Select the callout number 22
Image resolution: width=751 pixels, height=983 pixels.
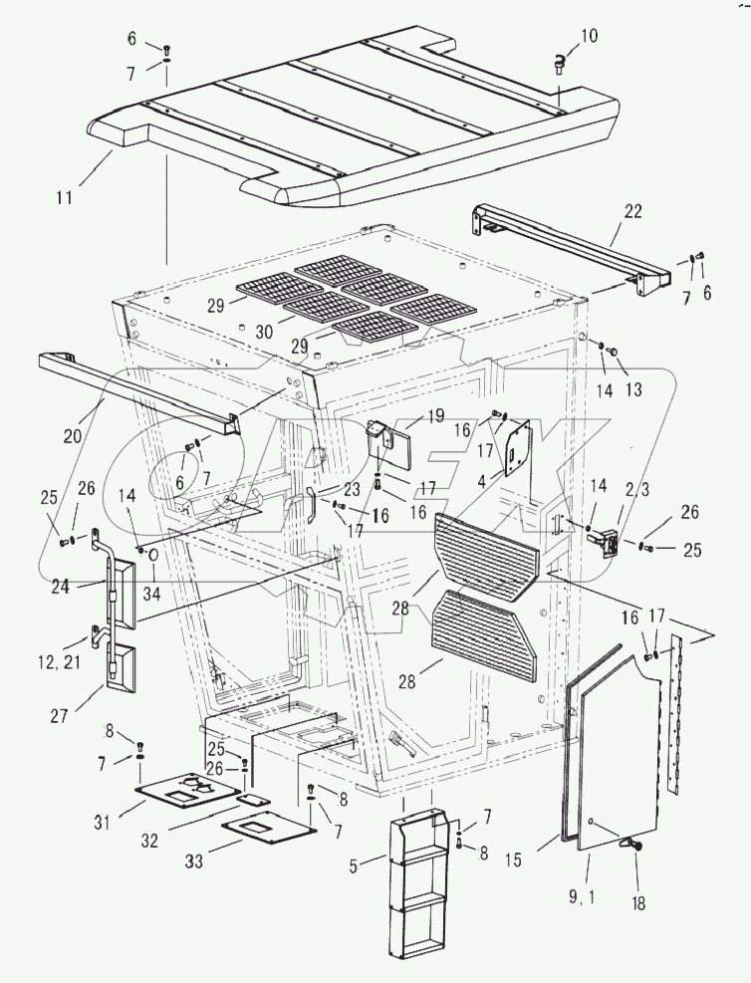(x=632, y=211)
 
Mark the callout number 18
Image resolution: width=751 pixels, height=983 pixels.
(x=637, y=903)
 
